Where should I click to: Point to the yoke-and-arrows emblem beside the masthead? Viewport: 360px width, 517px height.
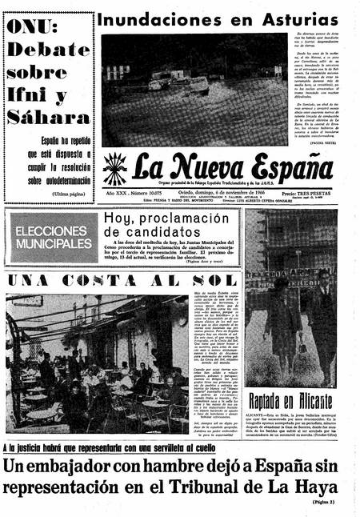pos(114,169)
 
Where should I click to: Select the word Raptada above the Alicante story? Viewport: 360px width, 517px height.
pos(270,401)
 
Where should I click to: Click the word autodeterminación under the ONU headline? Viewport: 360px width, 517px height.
pos(58,180)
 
